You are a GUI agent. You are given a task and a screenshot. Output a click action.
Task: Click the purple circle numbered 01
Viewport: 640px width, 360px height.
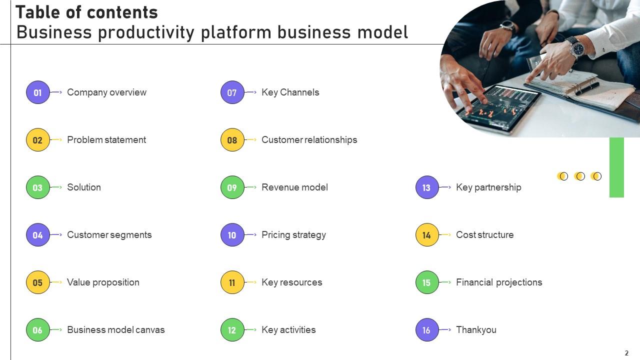[x=38, y=92]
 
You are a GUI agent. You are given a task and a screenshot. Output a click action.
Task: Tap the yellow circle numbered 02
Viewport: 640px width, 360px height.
[x=38, y=140]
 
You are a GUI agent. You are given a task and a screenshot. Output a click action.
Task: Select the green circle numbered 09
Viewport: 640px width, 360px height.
[x=232, y=187]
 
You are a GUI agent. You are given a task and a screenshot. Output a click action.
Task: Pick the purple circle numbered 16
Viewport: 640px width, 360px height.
[x=426, y=330]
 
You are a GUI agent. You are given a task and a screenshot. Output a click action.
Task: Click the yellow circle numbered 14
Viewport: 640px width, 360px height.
[x=426, y=235]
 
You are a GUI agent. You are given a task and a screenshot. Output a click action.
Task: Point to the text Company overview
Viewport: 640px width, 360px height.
[x=106, y=92]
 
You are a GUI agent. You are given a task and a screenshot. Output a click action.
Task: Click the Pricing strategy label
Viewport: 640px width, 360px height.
[x=293, y=235]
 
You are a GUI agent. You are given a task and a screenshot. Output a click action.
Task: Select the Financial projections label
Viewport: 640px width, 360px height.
[x=499, y=282]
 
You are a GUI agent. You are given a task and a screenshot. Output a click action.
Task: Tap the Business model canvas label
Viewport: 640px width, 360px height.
[x=115, y=330]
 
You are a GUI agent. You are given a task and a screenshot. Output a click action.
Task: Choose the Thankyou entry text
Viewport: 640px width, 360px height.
[x=476, y=330]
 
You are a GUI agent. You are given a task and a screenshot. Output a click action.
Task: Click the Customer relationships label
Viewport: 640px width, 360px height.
[x=309, y=140]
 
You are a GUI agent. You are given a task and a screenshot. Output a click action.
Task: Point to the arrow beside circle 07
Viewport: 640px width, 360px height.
[x=251, y=92]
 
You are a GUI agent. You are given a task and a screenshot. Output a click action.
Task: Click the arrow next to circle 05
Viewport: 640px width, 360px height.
[x=57, y=282]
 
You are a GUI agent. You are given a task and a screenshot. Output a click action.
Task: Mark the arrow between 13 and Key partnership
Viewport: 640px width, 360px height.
[x=446, y=187]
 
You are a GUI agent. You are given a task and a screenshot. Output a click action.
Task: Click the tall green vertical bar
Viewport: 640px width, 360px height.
[x=616, y=167]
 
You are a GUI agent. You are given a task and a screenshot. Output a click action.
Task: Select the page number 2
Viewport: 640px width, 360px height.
[x=626, y=353]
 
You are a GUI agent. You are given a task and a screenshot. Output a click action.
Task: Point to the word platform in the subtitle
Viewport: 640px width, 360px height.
[x=236, y=32]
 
